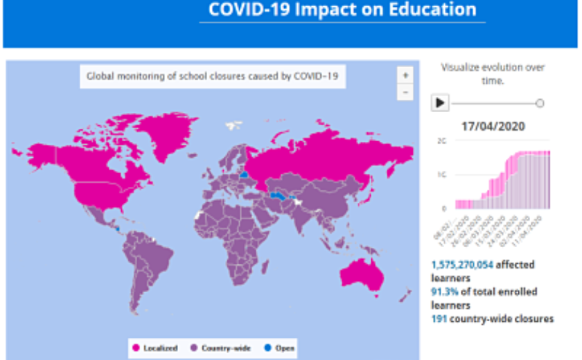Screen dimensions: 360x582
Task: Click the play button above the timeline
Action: [441, 103]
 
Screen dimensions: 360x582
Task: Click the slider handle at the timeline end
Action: [540, 103]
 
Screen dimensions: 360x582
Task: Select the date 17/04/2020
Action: [493, 126]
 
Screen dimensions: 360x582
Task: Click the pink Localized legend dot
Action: [136, 348]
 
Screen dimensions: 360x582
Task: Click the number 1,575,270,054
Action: [464, 264]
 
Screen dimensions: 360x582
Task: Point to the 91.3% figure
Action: [444, 291]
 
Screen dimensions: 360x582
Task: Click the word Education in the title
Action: [434, 10]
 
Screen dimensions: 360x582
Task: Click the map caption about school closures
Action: [213, 76]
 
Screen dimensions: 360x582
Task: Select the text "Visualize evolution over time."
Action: [493, 74]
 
